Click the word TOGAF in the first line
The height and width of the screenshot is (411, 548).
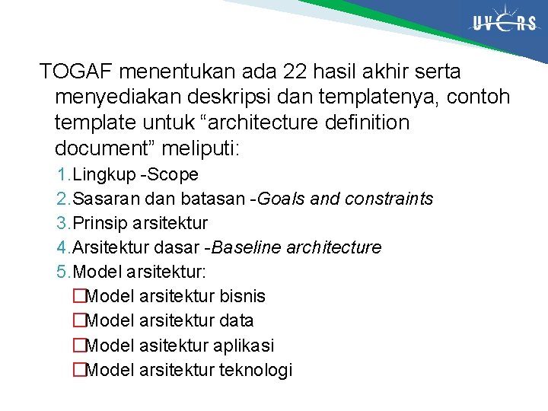(75, 72)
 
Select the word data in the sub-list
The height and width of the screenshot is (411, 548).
(237, 321)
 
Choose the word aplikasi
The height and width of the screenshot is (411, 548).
(244, 346)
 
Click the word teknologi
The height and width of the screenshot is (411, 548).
(256, 371)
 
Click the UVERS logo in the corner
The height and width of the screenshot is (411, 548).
(504, 23)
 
